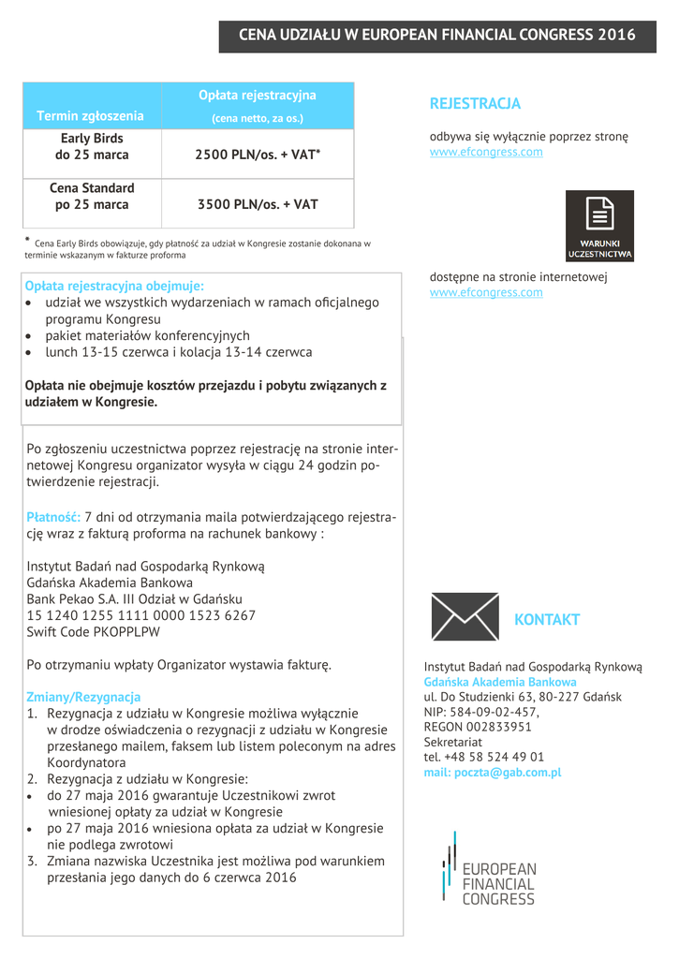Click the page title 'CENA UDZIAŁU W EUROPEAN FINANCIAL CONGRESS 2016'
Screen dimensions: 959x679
(x=437, y=35)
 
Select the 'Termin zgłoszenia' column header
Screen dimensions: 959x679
(x=90, y=116)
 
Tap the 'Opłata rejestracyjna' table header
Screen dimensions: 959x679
(x=258, y=96)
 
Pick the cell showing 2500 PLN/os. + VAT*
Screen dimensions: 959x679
(x=258, y=155)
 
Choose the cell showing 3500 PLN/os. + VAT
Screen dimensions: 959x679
(x=258, y=203)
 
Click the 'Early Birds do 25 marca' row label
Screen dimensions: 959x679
(x=92, y=146)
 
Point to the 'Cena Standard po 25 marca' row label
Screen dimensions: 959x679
(x=92, y=196)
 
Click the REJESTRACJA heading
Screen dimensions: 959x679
(x=475, y=103)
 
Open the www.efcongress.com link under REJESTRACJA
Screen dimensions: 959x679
(x=486, y=152)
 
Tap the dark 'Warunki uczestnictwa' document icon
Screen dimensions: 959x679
(x=599, y=226)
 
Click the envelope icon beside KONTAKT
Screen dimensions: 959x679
(x=465, y=616)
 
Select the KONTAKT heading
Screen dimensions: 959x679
(x=547, y=620)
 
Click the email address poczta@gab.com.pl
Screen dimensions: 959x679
(x=492, y=773)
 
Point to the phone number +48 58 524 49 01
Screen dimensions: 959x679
(x=484, y=757)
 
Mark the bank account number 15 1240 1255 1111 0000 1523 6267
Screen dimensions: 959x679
(x=141, y=615)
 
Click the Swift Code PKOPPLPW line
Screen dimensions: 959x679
(x=94, y=632)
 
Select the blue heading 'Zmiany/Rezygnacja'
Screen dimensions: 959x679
(x=83, y=697)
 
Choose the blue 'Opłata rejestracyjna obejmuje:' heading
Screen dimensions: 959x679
(x=114, y=286)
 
